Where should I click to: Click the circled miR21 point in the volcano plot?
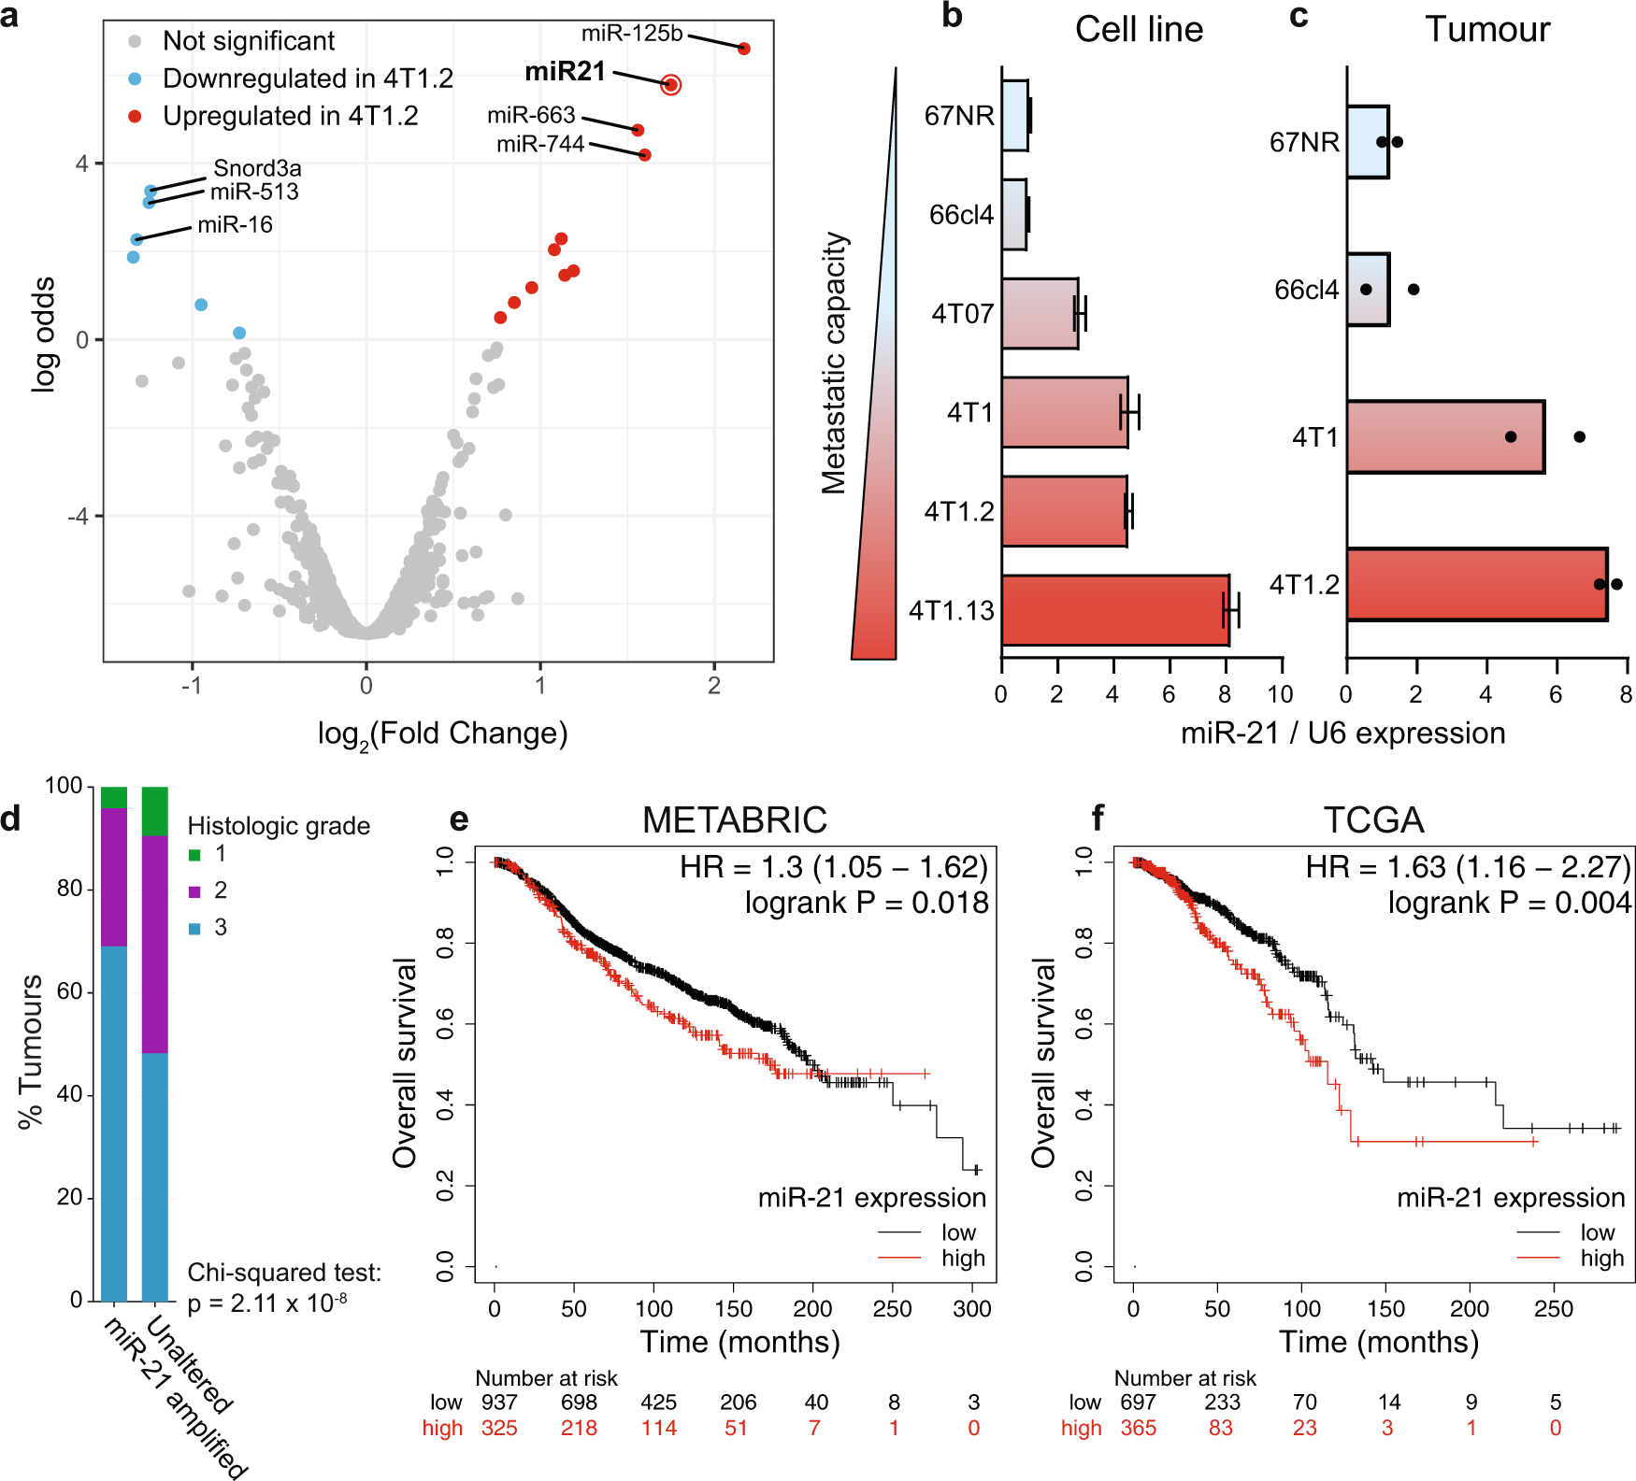pos(670,85)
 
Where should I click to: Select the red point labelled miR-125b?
pos(744,49)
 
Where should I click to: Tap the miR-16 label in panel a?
pos(235,224)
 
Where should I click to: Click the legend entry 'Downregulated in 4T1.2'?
pos(308,78)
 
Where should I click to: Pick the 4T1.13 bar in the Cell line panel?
pos(1115,610)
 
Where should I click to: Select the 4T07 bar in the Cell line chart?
pos(1040,314)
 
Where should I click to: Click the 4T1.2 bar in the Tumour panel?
pos(1476,585)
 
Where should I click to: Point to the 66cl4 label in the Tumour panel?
pos(1306,290)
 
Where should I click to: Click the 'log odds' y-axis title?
pos(43,334)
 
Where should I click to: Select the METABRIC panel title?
pos(735,820)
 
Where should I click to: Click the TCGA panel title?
pos(1373,820)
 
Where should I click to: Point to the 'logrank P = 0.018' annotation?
pos(867,903)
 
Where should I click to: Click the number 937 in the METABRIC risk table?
pos(499,1403)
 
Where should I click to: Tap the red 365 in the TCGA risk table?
pos(1138,1428)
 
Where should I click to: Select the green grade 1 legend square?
pos(194,854)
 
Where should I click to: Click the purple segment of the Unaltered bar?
pos(155,944)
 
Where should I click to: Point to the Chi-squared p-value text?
pos(267,1303)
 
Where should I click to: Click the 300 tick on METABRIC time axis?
pos(972,1309)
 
